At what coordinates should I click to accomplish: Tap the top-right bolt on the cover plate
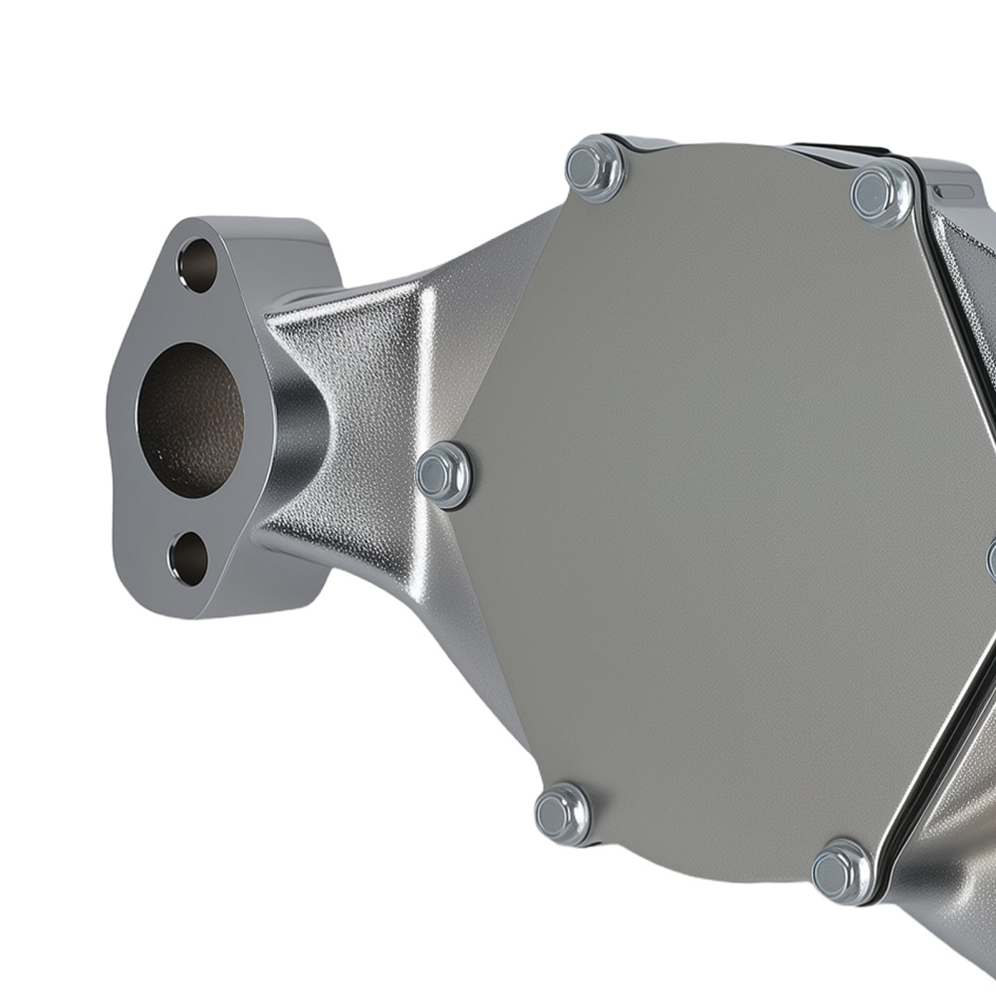coord(881,192)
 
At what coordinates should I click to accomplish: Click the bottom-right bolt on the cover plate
coord(842,871)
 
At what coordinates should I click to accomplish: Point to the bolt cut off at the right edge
coord(992,559)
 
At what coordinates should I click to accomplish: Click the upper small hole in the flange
coord(196,265)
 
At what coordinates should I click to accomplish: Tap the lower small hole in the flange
coord(188,559)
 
